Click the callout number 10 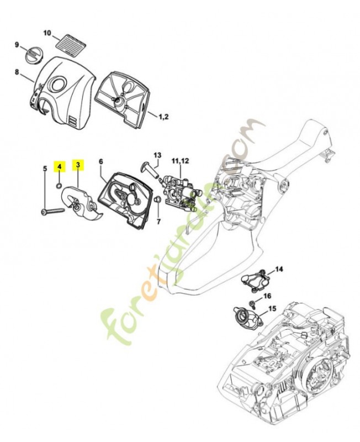click(x=47, y=33)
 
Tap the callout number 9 click(x=17, y=45)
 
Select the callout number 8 click(x=17, y=72)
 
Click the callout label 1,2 click(x=163, y=116)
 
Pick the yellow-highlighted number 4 click(x=60, y=166)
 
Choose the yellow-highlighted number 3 click(x=78, y=164)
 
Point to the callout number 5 click(x=45, y=169)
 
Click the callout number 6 click(x=101, y=161)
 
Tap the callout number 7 click(x=158, y=222)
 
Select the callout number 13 click(x=157, y=155)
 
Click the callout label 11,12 click(x=181, y=161)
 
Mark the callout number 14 click(x=279, y=269)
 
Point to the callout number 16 click(x=267, y=296)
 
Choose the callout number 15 click(x=272, y=308)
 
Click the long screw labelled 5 click(x=53, y=211)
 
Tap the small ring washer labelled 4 click(x=59, y=186)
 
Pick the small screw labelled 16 click(x=253, y=304)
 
